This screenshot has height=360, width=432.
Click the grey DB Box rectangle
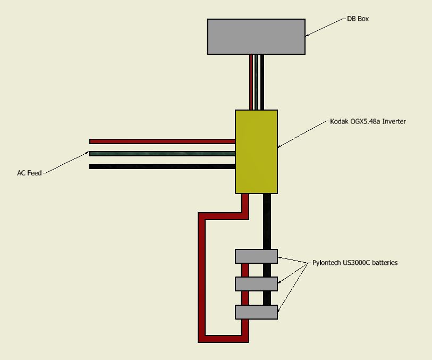tap(256, 37)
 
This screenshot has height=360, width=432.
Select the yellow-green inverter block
tap(256, 152)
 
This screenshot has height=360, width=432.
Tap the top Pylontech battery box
tap(256, 256)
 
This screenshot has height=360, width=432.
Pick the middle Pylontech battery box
tap(256, 284)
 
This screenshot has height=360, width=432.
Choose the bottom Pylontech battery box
tap(256, 312)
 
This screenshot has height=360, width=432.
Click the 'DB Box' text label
tap(358, 19)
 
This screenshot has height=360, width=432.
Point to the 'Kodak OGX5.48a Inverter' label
tap(368, 121)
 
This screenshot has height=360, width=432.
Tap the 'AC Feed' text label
tap(29, 173)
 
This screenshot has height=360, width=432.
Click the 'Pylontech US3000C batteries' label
tap(355, 263)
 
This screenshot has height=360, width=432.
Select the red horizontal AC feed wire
tap(162, 141)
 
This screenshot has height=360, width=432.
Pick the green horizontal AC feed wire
tap(162, 154)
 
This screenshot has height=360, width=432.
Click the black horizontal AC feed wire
tap(162, 166)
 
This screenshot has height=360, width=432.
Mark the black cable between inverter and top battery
tap(267, 221)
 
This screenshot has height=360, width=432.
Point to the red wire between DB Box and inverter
tap(251, 82)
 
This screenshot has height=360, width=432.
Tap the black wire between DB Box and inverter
tap(262, 82)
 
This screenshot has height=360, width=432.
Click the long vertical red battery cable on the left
tap(202, 278)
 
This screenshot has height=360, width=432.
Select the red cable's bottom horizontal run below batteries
tap(223, 339)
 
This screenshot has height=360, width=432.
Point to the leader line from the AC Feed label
tap(66, 162)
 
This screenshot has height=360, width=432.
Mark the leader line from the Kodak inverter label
tap(303, 134)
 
